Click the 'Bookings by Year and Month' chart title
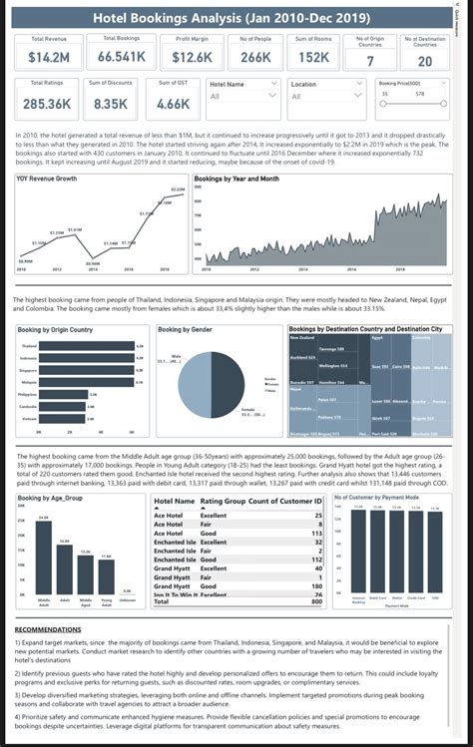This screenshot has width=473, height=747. point(236,179)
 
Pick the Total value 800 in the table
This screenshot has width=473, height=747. point(317,602)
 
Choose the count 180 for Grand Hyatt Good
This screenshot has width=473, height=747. point(317,585)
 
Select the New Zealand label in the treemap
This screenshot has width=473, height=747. point(306,338)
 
